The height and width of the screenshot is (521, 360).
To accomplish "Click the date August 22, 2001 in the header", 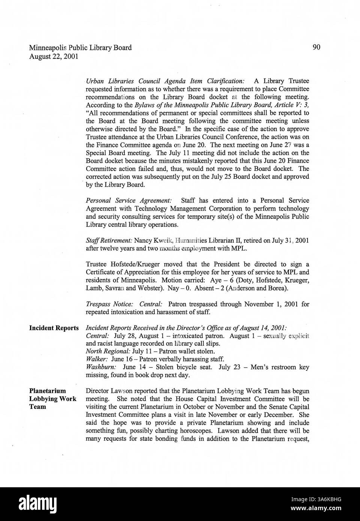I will (x=54, y=57).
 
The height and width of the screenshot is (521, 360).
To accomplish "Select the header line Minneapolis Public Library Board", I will (x=80, y=48).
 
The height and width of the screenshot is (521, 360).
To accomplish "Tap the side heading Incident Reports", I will (x=54, y=328).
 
